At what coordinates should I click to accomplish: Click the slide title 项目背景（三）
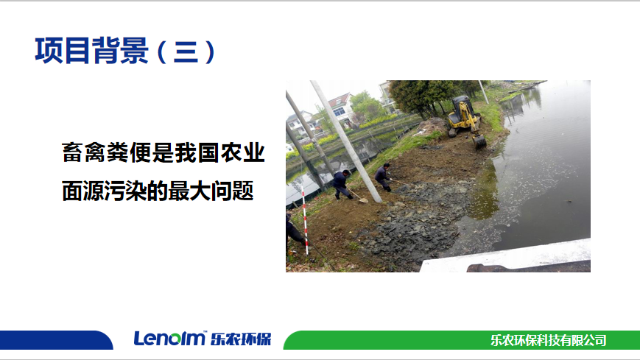(125, 51)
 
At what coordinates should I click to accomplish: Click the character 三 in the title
(186, 52)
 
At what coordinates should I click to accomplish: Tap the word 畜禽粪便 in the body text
(107, 152)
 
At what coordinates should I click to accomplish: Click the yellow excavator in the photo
(466, 121)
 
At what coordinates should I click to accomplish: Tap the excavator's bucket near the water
(479, 141)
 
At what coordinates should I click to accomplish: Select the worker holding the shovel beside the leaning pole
(341, 185)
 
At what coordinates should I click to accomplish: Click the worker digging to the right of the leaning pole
(383, 177)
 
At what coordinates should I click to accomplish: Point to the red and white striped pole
(304, 219)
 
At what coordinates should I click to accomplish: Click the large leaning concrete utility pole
(346, 141)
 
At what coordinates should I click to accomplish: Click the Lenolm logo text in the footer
(169, 339)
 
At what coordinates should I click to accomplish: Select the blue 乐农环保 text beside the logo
(241, 339)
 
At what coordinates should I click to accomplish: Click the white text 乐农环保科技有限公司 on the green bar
(548, 340)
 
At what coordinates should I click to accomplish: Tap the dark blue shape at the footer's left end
(56, 340)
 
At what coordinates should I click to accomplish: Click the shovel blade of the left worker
(363, 200)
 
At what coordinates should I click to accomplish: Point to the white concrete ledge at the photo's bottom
(506, 257)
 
